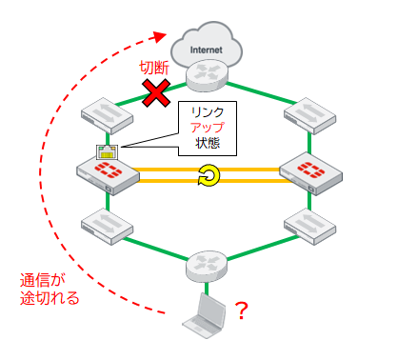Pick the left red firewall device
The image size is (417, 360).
click(105, 172)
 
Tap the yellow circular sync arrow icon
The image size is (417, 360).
click(208, 174)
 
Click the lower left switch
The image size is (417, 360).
click(105, 225)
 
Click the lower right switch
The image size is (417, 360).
click(309, 225)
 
